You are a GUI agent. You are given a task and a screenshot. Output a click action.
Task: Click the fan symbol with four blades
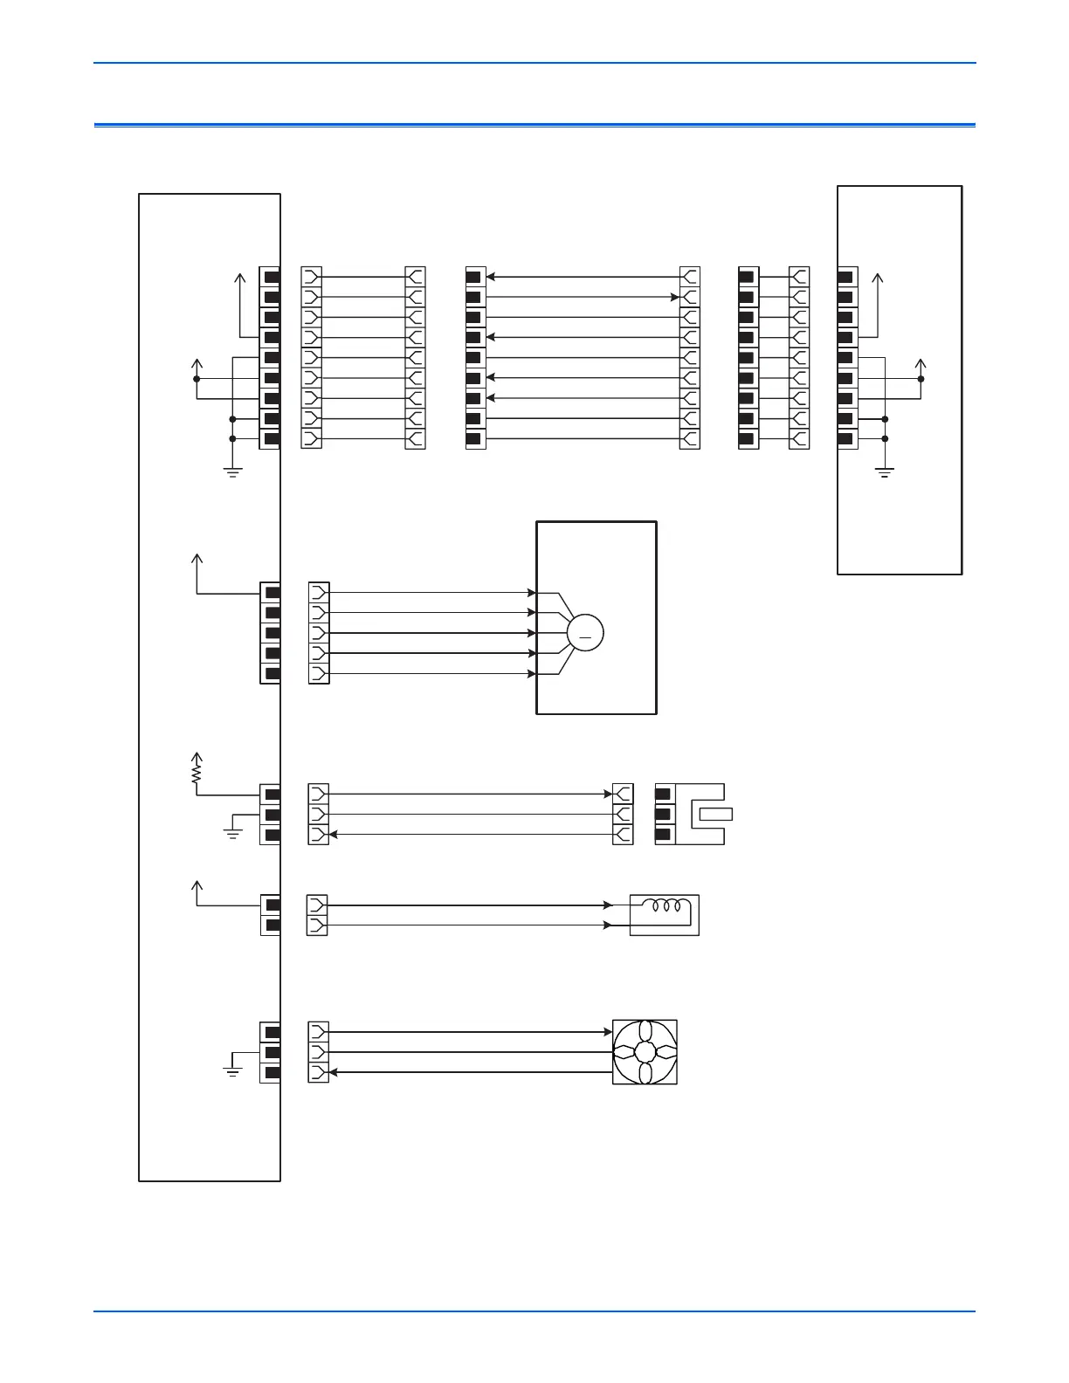(x=645, y=1052)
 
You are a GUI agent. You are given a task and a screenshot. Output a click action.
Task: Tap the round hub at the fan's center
(x=645, y=1052)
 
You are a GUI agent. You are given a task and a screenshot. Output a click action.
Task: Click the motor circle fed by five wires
(x=585, y=633)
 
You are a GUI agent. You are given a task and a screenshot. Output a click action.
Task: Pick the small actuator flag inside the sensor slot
(x=715, y=815)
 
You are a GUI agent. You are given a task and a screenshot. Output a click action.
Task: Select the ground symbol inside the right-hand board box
(x=885, y=474)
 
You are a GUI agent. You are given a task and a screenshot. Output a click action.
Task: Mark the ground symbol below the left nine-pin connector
(x=232, y=474)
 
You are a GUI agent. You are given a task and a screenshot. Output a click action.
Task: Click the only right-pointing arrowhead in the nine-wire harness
(x=675, y=298)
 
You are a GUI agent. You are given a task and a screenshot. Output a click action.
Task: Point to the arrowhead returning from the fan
(x=334, y=1072)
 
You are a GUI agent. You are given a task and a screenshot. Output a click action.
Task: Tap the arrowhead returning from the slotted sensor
(x=334, y=835)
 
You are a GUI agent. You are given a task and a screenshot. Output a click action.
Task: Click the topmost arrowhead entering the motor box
(x=531, y=593)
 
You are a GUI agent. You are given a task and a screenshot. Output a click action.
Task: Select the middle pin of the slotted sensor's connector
(x=663, y=815)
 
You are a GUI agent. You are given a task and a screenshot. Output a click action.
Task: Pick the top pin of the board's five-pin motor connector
(x=272, y=593)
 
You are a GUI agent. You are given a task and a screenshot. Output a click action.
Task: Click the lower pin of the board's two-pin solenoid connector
(x=272, y=925)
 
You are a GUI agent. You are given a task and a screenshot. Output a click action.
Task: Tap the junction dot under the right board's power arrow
(x=921, y=379)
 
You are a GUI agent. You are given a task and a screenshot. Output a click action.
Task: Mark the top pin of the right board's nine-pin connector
(x=845, y=278)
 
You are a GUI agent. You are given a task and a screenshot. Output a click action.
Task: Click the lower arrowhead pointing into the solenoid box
(x=608, y=925)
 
